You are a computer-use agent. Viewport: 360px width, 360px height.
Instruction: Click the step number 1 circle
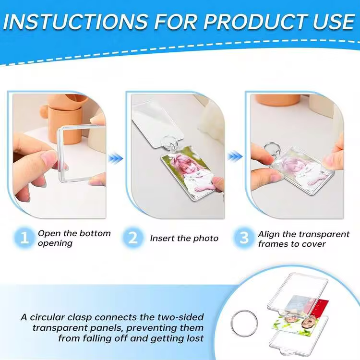pos(24,238)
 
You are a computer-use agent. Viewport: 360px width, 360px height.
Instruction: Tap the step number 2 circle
pos(133,238)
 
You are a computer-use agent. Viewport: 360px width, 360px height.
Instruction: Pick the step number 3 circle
pos(244,238)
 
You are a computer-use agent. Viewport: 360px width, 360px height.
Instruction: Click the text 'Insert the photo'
pos(184,238)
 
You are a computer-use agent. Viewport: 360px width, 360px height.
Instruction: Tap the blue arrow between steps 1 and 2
pos(116,158)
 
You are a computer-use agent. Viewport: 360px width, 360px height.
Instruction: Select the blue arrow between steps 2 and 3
pos(235,156)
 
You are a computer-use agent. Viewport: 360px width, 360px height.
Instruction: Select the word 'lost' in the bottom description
pos(195,338)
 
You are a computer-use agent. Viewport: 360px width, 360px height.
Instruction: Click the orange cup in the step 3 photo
pos(278,100)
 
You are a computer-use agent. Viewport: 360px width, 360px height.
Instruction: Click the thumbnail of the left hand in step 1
pos(49,157)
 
